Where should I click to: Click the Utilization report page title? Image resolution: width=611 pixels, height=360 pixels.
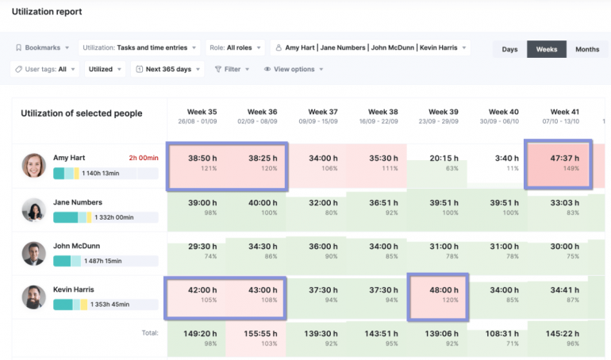click(x=47, y=12)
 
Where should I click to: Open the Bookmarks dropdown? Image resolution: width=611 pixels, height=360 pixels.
click(x=42, y=48)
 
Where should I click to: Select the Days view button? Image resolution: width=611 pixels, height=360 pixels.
click(x=509, y=49)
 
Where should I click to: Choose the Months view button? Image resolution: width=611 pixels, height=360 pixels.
click(x=587, y=49)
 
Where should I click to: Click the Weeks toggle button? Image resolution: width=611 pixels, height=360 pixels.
click(x=546, y=49)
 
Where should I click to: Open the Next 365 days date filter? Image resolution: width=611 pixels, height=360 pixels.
click(x=167, y=69)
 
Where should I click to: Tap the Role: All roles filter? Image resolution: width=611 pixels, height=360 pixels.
click(x=236, y=48)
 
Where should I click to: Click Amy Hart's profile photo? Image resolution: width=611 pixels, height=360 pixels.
click(x=33, y=165)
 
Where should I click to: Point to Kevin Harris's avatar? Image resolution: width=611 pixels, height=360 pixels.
click(x=33, y=297)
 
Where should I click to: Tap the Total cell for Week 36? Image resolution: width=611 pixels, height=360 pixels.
click(x=262, y=339)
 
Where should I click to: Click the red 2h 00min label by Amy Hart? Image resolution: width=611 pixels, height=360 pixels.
click(x=144, y=158)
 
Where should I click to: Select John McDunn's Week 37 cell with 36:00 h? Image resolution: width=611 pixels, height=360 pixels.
click(x=322, y=251)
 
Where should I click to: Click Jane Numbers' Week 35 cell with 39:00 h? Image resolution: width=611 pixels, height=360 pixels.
click(x=202, y=207)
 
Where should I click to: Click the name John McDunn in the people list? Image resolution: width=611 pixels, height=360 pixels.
click(x=77, y=246)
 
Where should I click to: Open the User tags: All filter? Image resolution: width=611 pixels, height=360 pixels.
click(x=44, y=69)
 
